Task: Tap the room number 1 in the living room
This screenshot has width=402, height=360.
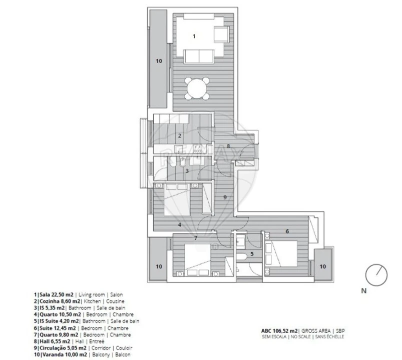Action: pos(194,35)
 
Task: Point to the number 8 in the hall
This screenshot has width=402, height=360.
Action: pos(228,146)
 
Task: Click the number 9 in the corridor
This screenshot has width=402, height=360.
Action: pos(225,197)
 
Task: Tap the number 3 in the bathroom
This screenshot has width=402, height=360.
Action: pos(186,171)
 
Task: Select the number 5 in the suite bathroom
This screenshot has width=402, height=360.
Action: pos(252,254)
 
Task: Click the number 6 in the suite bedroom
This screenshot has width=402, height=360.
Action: pos(287,231)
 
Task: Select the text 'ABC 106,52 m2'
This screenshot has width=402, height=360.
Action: pos(279,330)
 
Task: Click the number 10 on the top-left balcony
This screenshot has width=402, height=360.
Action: pos(159,61)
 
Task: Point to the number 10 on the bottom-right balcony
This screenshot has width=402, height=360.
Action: pos(322,266)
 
